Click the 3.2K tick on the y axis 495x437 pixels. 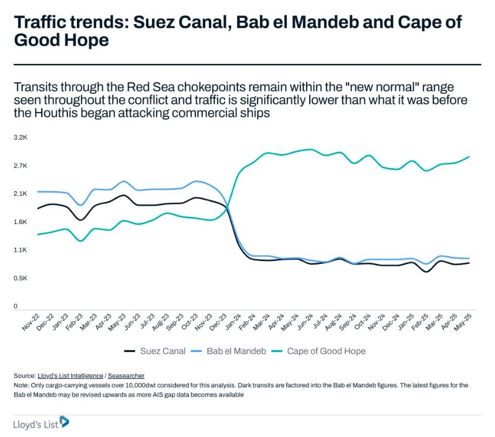click(21, 137)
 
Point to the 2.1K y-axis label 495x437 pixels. click(21, 194)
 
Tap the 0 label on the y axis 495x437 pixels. click(16, 306)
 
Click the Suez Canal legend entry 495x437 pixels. click(163, 351)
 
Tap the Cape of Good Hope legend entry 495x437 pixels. click(326, 351)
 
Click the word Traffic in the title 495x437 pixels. click(40, 23)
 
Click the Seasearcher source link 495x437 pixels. click(126, 375)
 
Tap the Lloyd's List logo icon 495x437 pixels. click(65, 421)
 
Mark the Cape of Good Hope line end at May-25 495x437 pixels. click(469, 157)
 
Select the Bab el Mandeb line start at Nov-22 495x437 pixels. click(38, 192)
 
